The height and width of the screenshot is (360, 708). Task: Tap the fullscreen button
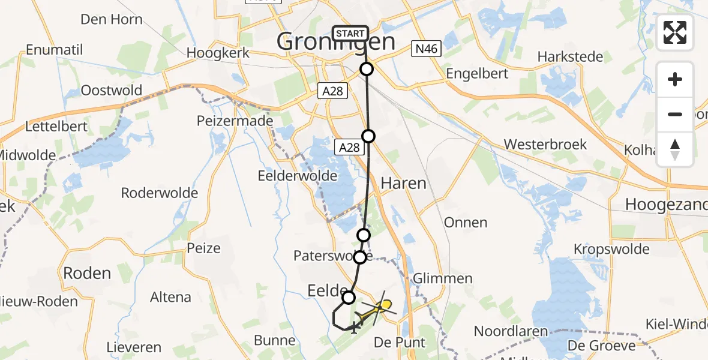click(x=675, y=32)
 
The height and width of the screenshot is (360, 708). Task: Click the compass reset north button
click(x=675, y=149)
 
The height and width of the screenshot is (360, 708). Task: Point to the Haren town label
click(x=404, y=183)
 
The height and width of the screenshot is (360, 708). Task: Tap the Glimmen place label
click(x=443, y=278)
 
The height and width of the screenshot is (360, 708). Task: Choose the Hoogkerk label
click(x=217, y=52)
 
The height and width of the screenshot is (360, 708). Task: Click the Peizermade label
click(x=235, y=121)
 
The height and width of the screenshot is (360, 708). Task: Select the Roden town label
click(x=87, y=273)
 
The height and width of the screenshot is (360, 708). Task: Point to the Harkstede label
click(x=570, y=56)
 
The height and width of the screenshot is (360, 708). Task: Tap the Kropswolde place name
click(x=611, y=248)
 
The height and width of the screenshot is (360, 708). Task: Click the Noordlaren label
click(x=511, y=331)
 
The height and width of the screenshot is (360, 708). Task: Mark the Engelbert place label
click(x=478, y=73)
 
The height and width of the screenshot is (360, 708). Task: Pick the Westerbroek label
click(x=545, y=145)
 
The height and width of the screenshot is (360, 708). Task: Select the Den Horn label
click(x=111, y=19)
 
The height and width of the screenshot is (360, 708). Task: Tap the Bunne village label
click(x=275, y=341)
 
